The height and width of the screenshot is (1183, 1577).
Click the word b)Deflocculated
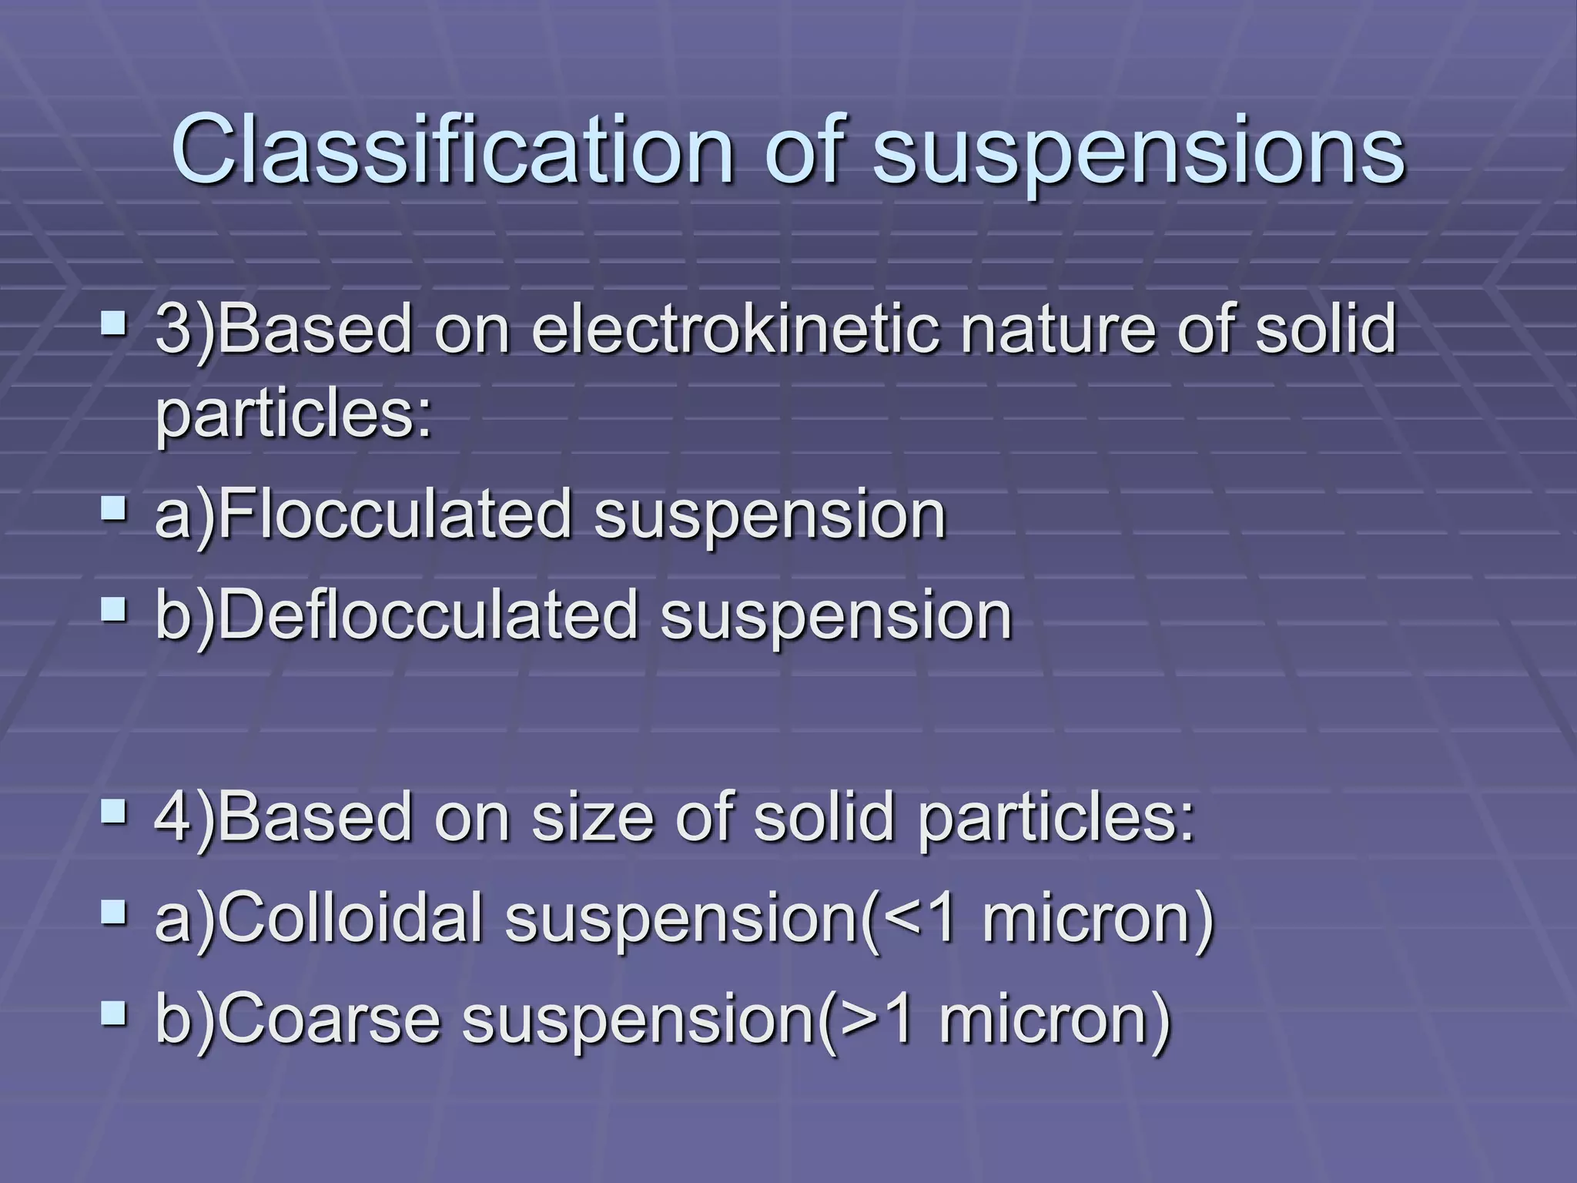pyautogui.click(x=396, y=615)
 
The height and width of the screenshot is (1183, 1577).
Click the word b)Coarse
pyautogui.click(x=297, y=1018)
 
